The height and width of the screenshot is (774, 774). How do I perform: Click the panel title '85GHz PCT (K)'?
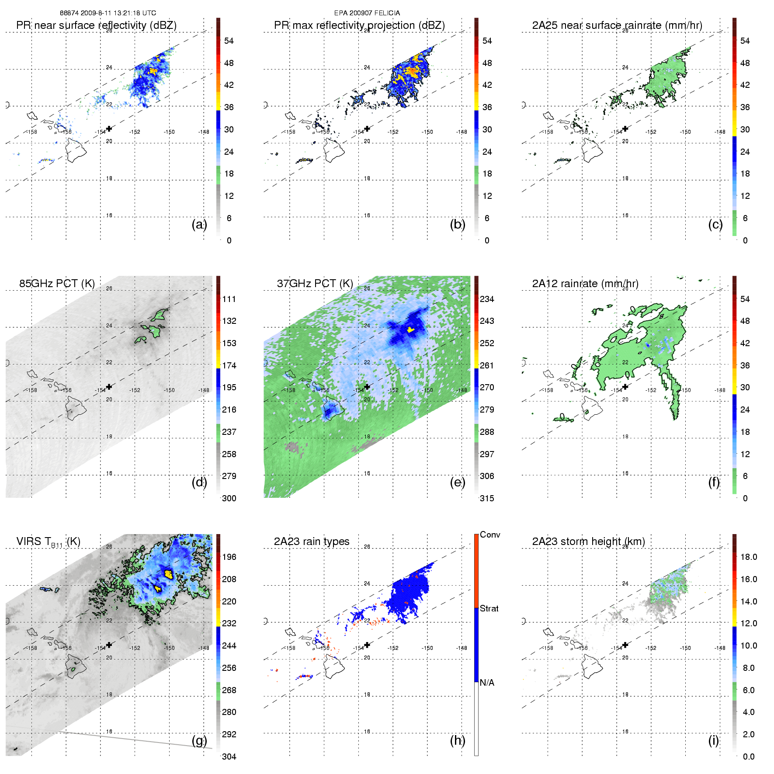coord(57,284)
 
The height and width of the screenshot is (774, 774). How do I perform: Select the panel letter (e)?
coord(457,482)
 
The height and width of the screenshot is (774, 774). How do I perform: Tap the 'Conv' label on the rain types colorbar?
coord(489,535)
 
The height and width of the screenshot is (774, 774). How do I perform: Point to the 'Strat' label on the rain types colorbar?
coord(489,608)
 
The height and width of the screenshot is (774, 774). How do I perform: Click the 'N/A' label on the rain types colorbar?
coord(487,683)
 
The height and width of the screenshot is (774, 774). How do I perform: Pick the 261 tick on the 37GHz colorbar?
coord(487,365)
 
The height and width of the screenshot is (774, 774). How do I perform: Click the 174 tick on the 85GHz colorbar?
coord(229,365)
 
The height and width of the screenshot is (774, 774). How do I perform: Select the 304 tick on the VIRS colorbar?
coord(229,757)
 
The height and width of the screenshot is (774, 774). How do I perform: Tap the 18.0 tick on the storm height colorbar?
coord(748,557)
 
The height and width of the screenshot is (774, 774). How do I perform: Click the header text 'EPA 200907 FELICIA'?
coord(367,13)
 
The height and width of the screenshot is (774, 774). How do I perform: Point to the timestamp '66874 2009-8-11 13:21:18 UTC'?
coord(108,13)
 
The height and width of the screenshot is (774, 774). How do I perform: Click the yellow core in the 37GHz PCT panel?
coord(410,330)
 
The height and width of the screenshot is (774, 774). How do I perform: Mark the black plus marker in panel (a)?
coord(109,128)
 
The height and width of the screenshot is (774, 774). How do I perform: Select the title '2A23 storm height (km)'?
coord(588,541)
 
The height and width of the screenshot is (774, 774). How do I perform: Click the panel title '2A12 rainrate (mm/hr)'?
coord(585,284)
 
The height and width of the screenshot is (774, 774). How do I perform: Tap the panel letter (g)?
coord(199,740)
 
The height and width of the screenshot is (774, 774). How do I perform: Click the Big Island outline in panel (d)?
coord(76,408)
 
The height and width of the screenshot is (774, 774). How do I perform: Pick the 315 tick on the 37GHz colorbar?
coord(487,498)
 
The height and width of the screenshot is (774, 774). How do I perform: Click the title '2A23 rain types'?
coord(312,541)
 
